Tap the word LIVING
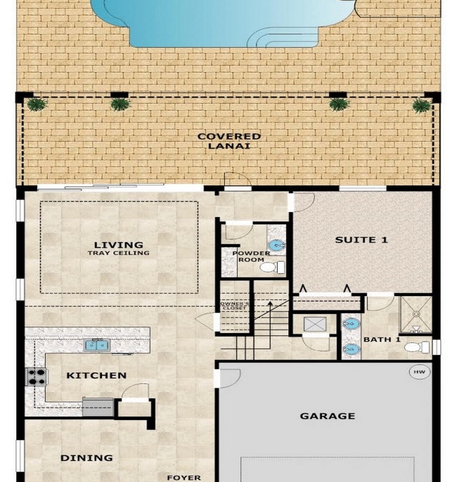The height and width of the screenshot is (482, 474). (118, 245)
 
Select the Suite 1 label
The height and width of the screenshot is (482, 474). (361, 240)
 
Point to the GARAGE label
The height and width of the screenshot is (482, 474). (327, 416)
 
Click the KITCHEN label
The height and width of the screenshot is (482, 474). (96, 375)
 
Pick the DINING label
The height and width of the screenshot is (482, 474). (86, 458)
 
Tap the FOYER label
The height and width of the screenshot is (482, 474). (184, 478)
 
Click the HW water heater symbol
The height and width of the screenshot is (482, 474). (419, 372)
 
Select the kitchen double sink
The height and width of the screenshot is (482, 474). (97, 345)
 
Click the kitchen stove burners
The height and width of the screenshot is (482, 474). (36, 377)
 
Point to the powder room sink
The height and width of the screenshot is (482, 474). (276, 245)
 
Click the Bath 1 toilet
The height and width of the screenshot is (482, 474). (417, 347)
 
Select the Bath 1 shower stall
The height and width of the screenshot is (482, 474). (416, 315)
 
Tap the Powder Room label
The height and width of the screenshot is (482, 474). (251, 256)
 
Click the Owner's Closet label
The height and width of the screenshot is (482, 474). (235, 305)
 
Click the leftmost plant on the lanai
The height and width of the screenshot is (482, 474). (37, 104)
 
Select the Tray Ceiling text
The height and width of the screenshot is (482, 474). (118, 253)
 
